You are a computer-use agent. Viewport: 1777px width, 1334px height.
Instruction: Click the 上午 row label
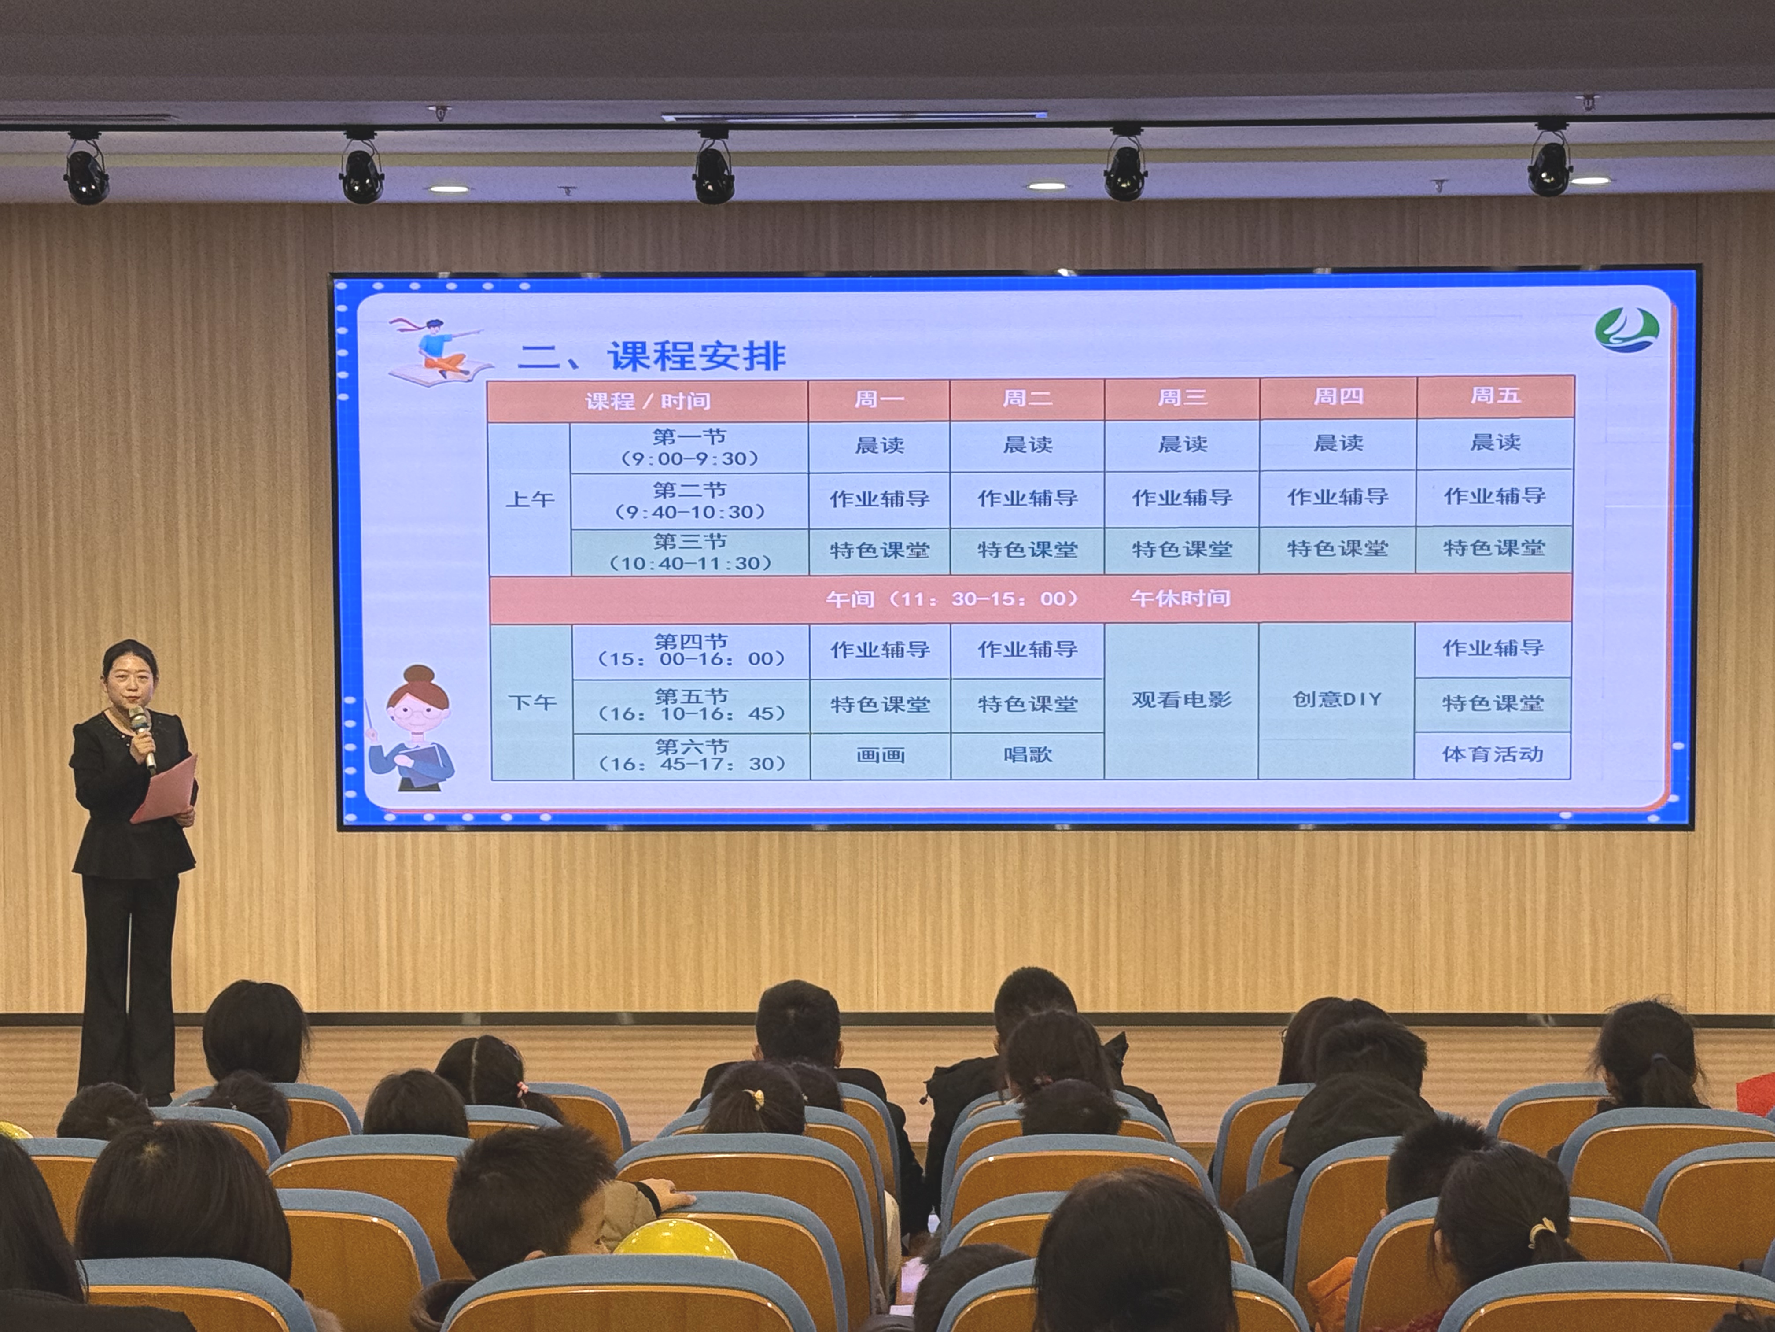coord(529,499)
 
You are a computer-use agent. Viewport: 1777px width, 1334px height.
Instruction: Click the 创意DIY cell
coord(1336,699)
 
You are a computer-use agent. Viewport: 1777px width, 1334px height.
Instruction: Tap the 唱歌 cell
coord(1028,754)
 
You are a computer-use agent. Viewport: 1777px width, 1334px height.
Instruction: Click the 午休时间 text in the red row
coord(1180,598)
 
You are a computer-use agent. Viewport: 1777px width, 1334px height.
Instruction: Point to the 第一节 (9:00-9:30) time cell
coord(689,447)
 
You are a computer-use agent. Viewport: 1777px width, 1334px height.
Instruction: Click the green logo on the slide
coord(1627,330)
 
